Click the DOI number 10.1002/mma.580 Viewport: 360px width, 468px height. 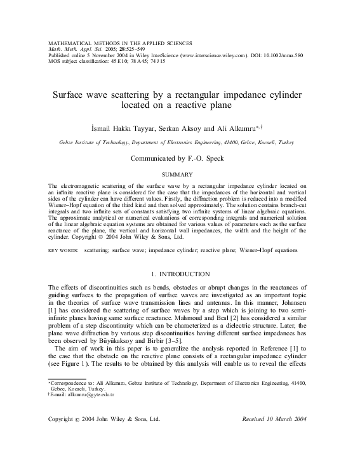tap(283, 56)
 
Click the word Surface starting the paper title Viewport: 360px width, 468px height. tap(69, 94)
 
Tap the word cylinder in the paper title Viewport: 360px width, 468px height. tap(284, 94)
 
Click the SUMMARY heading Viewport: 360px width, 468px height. tap(179, 173)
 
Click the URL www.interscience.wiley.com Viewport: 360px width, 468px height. tap(212, 56)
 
